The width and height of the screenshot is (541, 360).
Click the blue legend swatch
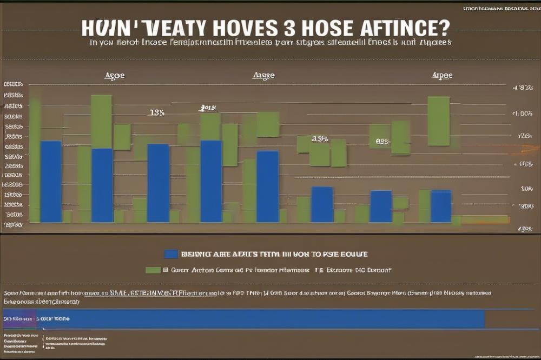tap(171, 254)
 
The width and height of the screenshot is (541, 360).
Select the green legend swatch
tap(153, 269)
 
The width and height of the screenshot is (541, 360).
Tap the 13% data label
tap(156, 113)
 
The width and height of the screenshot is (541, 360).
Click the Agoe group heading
tap(114, 76)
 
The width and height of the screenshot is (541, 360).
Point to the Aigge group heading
tap(263, 76)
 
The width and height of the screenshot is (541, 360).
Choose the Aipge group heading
tap(442, 76)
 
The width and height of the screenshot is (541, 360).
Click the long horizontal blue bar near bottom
tap(260, 319)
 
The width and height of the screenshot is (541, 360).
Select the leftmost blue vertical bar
tap(51, 181)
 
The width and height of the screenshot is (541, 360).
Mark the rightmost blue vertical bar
tap(441, 206)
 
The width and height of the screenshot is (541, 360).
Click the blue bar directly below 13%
tap(159, 183)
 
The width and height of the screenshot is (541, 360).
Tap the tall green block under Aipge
tap(438, 121)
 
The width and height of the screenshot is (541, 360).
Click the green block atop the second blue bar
tap(101, 121)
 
